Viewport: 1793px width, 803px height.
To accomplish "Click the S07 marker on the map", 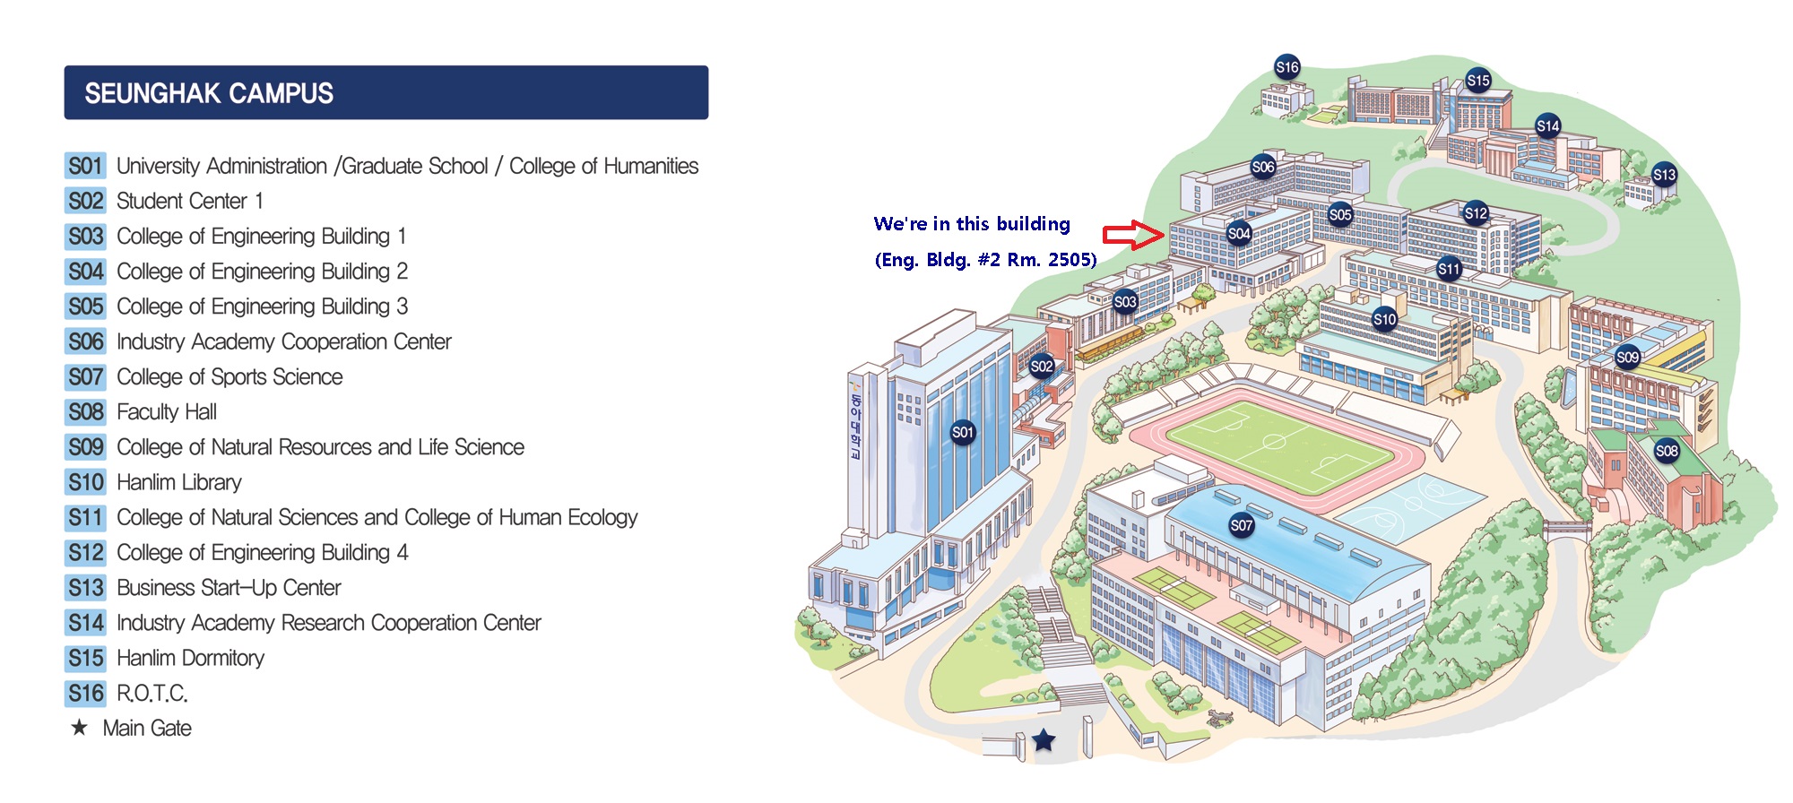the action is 1242,526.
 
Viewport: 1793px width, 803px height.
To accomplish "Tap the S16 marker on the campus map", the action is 1287,67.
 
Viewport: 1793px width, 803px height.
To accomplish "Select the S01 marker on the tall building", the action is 963,432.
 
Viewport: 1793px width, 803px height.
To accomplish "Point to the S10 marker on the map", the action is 1385,319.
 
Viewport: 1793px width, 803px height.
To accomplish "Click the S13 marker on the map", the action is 1664,175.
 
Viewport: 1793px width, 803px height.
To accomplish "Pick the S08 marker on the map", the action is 1667,451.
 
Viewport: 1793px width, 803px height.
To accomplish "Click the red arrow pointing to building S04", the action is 1133,235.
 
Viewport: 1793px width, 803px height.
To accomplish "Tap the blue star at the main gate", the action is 1044,740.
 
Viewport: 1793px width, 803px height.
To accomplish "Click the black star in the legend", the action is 80,727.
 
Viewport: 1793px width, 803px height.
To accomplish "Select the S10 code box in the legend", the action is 86,482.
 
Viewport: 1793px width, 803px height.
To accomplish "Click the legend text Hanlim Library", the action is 179,482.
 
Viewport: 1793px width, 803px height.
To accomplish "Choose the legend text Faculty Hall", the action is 167,412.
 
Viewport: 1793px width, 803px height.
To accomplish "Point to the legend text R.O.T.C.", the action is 152,693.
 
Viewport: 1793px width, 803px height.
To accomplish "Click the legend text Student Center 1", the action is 190,201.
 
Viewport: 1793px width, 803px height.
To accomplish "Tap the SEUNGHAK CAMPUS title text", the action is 209,93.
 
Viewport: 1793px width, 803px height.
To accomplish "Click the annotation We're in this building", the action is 972,224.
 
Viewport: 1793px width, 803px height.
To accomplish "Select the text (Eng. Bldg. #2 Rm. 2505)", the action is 986,260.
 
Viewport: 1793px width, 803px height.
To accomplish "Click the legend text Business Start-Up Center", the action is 229,588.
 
